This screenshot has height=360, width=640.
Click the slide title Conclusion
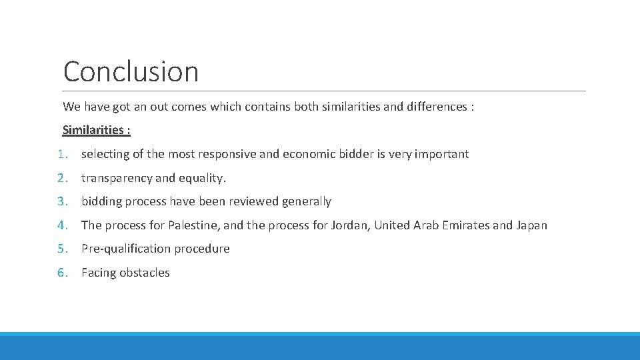pos(131,72)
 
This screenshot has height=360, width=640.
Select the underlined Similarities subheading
pos(96,130)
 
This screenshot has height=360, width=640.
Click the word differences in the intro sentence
pos(434,107)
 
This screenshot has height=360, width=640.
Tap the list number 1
pos(62,154)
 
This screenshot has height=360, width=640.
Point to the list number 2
pos(62,178)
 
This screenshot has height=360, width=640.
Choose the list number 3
pos(62,201)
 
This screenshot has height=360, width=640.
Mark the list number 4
pos(62,225)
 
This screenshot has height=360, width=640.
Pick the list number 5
pos(62,249)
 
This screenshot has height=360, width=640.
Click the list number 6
pos(62,273)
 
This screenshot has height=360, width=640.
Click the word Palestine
pos(194,225)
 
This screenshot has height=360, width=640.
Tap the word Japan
pos(531,225)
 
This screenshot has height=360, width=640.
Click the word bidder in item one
pos(357,154)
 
